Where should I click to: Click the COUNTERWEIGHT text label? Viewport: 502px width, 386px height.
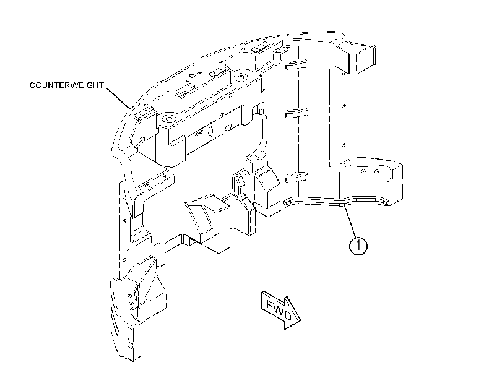[67, 85]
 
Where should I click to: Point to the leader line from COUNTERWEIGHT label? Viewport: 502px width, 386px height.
[118, 98]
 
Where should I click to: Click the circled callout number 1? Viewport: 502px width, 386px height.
[358, 246]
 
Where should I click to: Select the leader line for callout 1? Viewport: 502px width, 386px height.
[350, 222]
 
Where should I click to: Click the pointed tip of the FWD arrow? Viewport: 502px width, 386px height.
[300, 319]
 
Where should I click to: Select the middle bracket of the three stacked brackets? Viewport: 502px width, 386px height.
[296, 113]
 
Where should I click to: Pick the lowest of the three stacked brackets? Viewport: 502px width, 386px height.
[296, 176]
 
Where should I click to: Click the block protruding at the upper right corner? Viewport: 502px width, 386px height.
[365, 59]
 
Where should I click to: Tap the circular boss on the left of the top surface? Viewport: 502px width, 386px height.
[168, 119]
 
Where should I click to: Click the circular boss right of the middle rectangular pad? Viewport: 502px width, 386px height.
[239, 77]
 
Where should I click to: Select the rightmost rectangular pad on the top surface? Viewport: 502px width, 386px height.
[259, 49]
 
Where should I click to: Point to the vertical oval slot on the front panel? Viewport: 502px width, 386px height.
[210, 131]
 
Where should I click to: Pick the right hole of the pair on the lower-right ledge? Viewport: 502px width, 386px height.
[376, 171]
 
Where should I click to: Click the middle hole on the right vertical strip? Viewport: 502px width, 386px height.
[344, 106]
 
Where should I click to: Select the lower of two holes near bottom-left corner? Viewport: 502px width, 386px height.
[131, 302]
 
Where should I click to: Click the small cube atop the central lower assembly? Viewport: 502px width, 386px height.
[254, 160]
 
